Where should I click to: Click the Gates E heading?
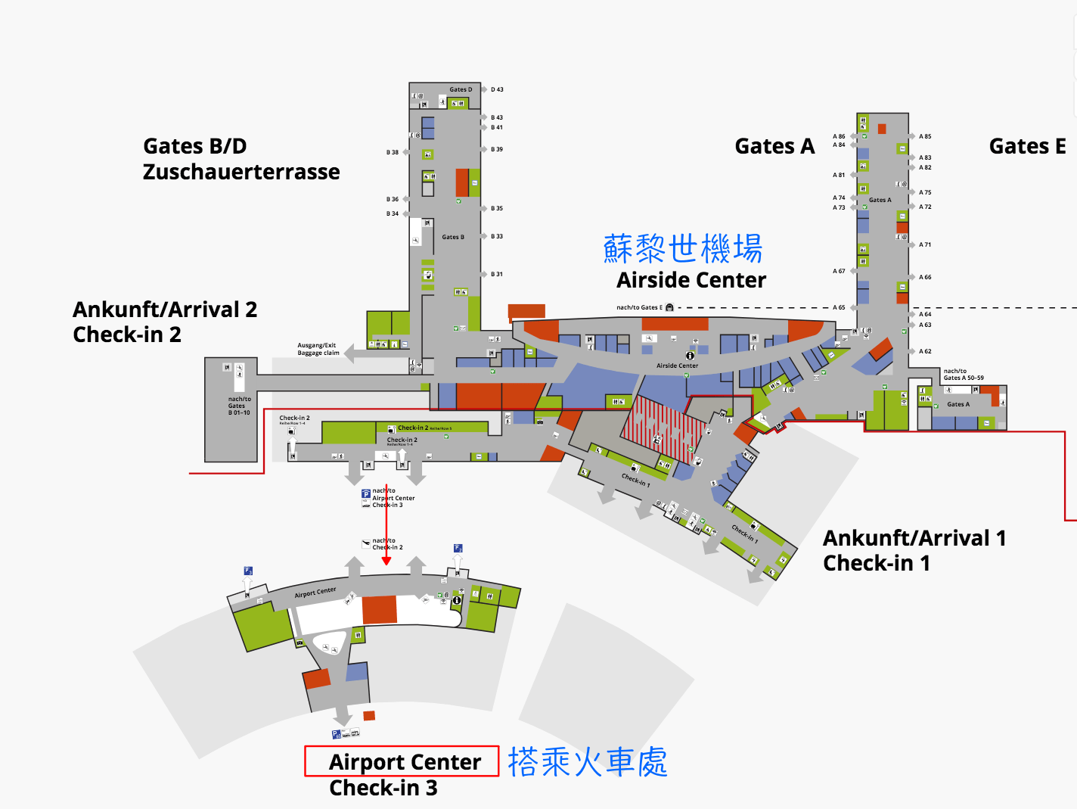(x=1027, y=146)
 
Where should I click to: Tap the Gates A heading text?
(x=774, y=146)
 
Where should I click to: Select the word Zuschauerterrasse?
(x=241, y=172)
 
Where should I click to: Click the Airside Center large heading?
(x=691, y=280)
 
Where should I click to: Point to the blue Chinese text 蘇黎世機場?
(x=682, y=248)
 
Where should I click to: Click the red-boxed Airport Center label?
(x=405, y=761)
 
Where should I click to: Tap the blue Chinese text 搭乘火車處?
(x=588, y=762)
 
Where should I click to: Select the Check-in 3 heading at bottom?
(x=383, y=788)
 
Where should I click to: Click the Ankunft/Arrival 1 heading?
(x=914, y=538)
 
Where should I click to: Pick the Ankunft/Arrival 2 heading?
(x=165, y=310)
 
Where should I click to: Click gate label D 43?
(x=497, y=89)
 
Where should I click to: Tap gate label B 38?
(x=393, y=152)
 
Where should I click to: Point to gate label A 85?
(x=925, y=136)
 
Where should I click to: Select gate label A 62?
(x=925, y=351)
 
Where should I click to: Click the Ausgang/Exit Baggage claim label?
(x=318, y=349)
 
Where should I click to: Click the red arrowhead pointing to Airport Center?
(x=386, y=561)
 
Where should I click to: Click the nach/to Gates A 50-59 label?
(x=963, y=375)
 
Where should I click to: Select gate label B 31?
(x=496, y=274)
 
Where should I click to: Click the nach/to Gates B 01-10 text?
(x=239, y=406)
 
